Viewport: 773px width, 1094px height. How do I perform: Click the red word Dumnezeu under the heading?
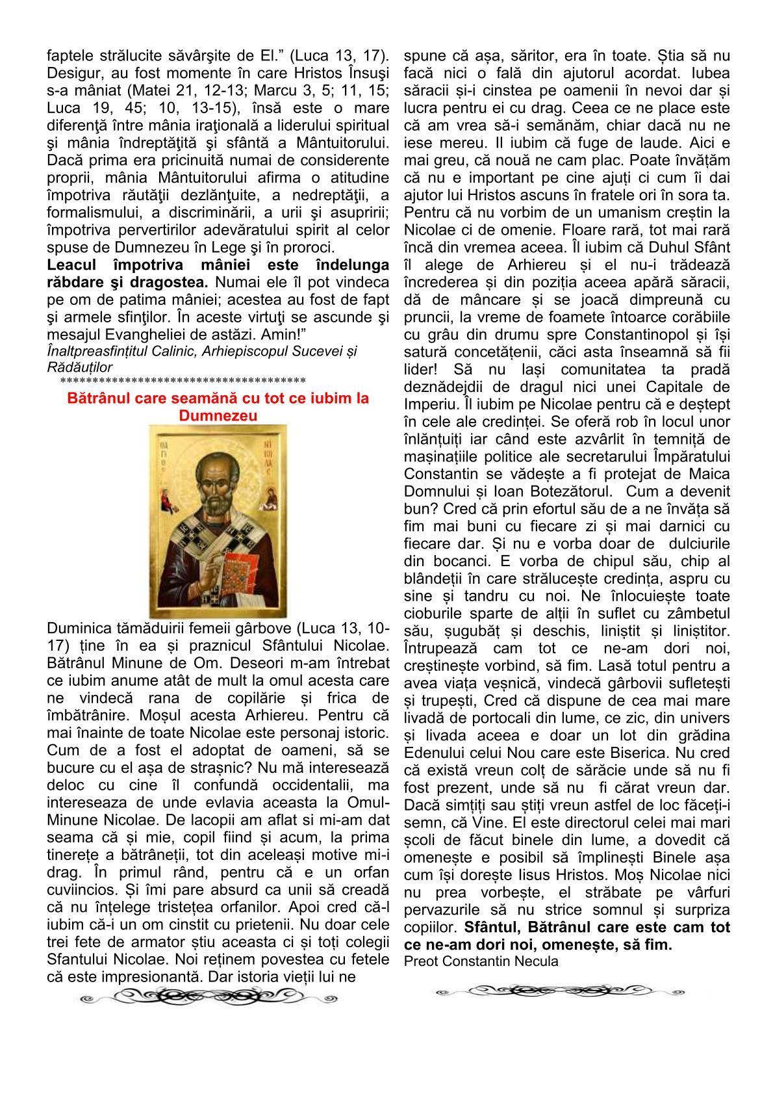click(218, 415)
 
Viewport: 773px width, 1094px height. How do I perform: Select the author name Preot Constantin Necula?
click(480, 961)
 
